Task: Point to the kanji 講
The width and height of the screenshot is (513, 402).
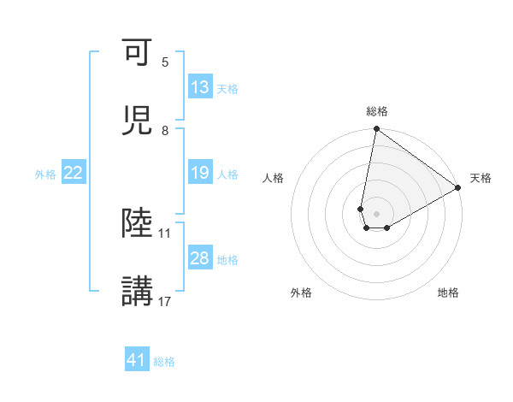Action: pyautogui.click(x=138, y=291)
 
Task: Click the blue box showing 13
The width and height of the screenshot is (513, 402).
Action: pyautogui.click(x=200, y=87)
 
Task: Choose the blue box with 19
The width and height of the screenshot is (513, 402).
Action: pyautogui.click(x=200, y=174)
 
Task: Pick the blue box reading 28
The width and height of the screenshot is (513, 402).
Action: pyautogui.click(x=200, y=258)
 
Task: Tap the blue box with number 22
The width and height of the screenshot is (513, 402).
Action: pyautogui.click(x=74, y=174)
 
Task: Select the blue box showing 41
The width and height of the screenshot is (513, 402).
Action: pyautogui.click(x=137, y=361)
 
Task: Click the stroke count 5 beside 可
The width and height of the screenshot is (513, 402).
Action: pyautogui.click(x=165, y=62)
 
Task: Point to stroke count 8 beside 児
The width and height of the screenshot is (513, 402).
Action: pyautogui.click(x=165, y=131)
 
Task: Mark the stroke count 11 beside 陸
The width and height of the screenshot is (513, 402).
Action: pyautogui.click(x=165, y=233)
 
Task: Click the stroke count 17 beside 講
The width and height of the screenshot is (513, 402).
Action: pyautogui.click(x=165, y=301)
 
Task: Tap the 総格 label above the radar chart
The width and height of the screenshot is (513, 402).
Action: pyautogui.click(x=377, y=111)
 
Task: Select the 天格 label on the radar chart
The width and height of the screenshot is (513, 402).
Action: pyautogui.click(x=481, y=178)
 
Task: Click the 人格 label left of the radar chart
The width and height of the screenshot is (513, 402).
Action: pyautogui.click(x=274, y=178)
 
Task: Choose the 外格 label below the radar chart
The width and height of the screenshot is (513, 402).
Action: pyautogui.click(x=301, y=293)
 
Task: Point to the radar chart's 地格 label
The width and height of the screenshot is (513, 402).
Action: pyautogui.click(x=448, y=293)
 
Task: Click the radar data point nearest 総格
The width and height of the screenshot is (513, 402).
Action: pyautogui.click(x=376, y=130)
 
